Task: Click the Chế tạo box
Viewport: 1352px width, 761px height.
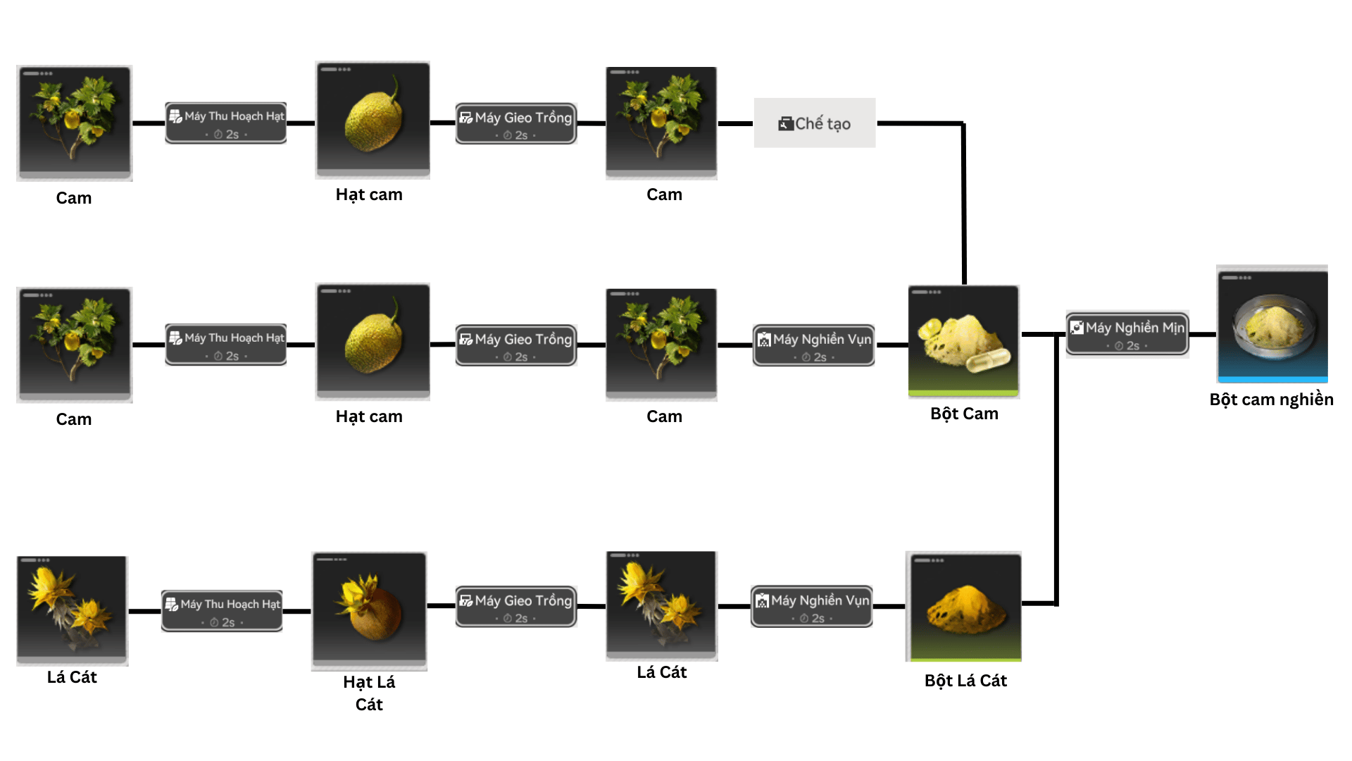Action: pos(815,123)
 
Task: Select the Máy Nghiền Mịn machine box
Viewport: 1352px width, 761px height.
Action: pos(1127,334)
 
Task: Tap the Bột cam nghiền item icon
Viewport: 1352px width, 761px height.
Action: pos(1272,325)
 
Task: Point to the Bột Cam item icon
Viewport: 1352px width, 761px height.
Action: pos(964,341)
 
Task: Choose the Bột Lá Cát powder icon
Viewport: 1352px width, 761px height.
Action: pos(964,607)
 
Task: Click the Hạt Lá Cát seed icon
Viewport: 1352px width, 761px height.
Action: pos(370,610)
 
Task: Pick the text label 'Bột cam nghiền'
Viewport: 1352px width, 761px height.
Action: pos(1271,400)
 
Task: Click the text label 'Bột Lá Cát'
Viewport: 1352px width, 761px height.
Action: pos(965,681)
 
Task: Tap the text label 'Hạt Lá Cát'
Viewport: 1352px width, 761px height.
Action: pos(369,693)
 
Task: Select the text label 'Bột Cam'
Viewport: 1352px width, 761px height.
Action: pos(964,414)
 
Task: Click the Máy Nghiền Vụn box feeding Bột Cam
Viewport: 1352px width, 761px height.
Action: pos(814,345)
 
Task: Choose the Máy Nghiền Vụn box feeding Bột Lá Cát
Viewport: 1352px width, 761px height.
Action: pos(812,606)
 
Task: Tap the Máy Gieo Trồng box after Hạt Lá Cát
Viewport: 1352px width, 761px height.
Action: pos(516,606)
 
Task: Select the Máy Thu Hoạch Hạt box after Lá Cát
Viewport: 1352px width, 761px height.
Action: pos(222,610)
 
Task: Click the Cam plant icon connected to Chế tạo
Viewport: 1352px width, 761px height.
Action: pos(661,123)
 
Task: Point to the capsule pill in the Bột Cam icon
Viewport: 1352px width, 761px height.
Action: pos(988,361)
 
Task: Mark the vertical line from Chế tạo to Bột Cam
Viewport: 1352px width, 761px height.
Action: pos(963,204)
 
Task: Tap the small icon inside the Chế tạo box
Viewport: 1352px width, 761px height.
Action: pos(786,124)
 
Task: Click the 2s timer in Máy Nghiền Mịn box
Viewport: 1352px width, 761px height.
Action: pos(1127,346)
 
